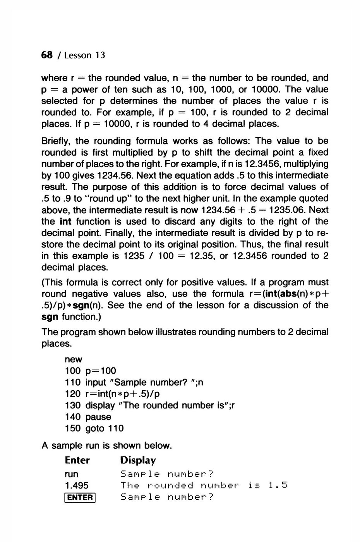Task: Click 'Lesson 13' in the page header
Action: tap(85, 55)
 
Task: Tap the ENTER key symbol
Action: tap(80, 497)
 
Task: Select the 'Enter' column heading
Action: tap(77, 460)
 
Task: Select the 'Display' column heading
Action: tap(138, 460)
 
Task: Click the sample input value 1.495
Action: tap(77, 485)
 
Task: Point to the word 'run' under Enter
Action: tap(71, 474)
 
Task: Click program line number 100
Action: tap(73, 371)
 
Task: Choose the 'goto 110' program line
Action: tap(104, 428)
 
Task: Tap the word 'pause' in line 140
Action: tap(98, 417)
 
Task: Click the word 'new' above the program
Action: tap(74, 360)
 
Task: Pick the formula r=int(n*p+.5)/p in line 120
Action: tap(122, 394)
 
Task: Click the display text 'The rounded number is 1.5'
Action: tap(203, 485)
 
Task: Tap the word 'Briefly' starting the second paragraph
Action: tap(56, 141)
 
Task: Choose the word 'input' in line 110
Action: tap(96, 382)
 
